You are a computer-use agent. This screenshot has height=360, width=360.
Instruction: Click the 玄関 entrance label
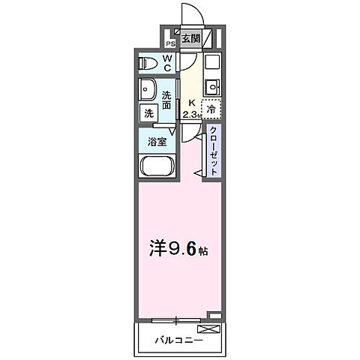[191, 38]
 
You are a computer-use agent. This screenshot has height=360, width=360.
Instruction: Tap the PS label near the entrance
[170, 43]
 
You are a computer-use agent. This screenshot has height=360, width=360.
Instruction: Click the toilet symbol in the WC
[148, 64]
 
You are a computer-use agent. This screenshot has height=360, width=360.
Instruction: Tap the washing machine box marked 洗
[148, 113]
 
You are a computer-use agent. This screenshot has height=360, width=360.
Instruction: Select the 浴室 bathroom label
[156, 140]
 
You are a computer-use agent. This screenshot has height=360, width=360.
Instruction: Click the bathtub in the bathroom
[157, 166]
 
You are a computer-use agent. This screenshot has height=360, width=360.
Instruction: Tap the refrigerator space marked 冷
[212, 109]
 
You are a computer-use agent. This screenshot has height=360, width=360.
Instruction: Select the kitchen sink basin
[212, 84]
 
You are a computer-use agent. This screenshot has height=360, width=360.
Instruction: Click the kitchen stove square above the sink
[211, 62]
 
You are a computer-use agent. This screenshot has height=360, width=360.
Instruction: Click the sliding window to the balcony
[176, 319]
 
